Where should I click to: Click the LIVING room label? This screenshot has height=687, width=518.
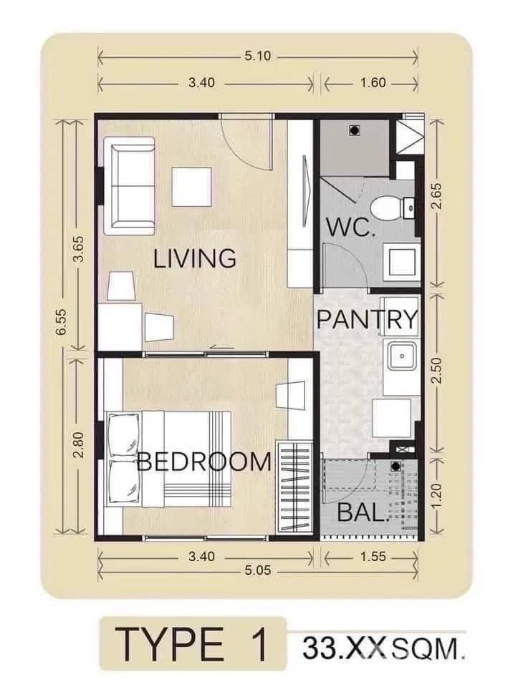[195, 258]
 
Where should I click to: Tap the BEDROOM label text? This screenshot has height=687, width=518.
[204, 462]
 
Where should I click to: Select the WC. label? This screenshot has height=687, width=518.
[350, 228]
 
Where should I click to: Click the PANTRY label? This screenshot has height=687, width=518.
[367, 319]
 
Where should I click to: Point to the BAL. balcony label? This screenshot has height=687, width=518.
[363, 514]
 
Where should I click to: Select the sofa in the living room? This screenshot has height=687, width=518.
[131, 186]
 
